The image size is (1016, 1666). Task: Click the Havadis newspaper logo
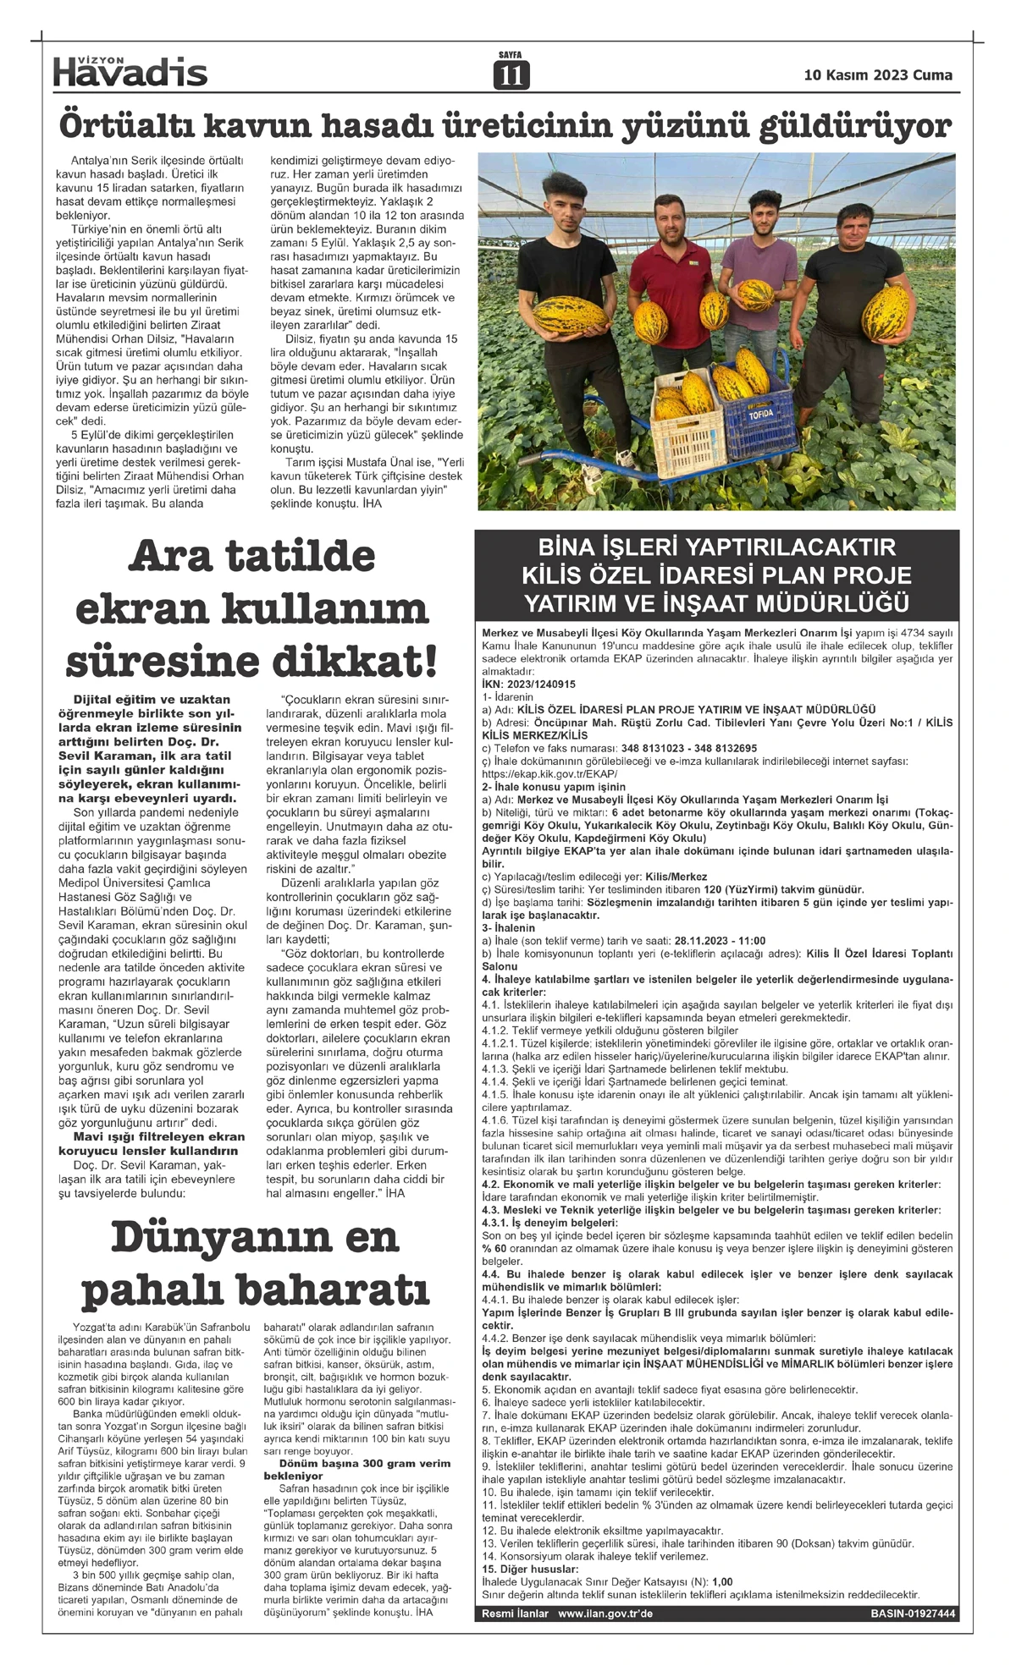[130, 71]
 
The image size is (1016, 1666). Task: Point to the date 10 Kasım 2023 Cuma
[878, 75]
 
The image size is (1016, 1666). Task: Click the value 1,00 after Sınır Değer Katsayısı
[723, 1581]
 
